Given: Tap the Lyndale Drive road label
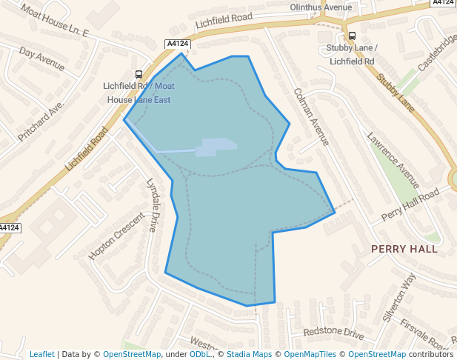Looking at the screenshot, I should pyautogui.click(x=153, y=204).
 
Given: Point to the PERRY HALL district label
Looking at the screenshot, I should pyautogui.click(x=404, y=249).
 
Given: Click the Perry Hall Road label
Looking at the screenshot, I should pyautogui.click(x=410, y=205).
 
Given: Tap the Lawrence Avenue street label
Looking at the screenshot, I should pyautogui.click(x=393, y=160).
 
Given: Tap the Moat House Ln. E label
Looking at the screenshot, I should pyautogui.click(x=54, y=21).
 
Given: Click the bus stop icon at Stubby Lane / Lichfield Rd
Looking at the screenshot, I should pyautogui.click(x=351, y=36).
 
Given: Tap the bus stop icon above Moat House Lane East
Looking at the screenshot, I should pyautogui.click(x=139, y=74).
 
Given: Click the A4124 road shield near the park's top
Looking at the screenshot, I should pyautogui.click(x=178, y=44).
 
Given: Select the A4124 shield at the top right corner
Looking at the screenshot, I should pyautogui.click(x=442, y=3).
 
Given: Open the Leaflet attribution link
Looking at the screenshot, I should pyautogui.click(x=41, y=354).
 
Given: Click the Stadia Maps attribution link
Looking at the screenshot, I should pyautogui.click(x=249, y=354).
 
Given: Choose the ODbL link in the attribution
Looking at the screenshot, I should pyautogui.click(x=201, y=354).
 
